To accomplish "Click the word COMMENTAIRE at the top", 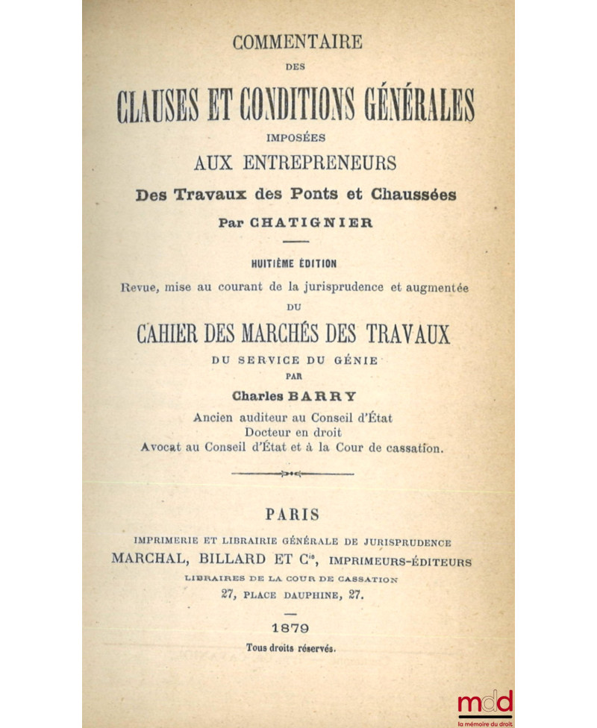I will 296,42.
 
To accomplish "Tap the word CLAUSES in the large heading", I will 158,106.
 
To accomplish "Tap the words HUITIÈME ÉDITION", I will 297,263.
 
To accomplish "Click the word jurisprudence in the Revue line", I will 335,288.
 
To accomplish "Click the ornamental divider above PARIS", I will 293,473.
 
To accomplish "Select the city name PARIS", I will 293,515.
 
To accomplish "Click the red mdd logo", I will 485,703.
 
